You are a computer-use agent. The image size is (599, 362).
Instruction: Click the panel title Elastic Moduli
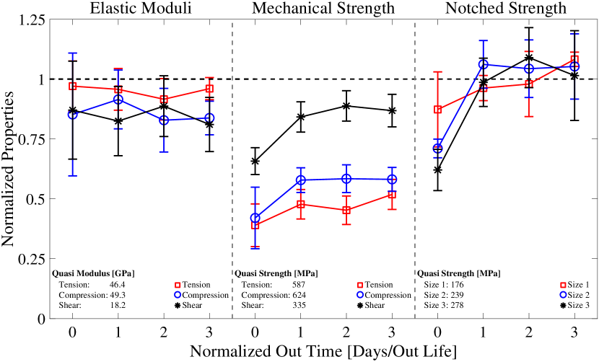[x=141, y=9]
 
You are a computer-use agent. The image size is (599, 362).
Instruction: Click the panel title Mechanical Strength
[x=323, y=9]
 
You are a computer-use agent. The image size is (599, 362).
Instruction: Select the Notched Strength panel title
[x=507, y=9]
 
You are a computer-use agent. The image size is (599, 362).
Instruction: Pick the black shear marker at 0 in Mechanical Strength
[x=255, y=161]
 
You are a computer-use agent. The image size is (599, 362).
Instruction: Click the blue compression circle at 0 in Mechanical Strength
[x=255, y=218]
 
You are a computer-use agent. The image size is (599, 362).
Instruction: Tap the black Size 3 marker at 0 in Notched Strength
[x=437, y=169]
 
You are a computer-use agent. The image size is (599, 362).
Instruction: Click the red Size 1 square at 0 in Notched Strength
[x=437, y=110]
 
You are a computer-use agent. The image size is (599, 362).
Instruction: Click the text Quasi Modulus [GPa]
[x=94, y=273]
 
